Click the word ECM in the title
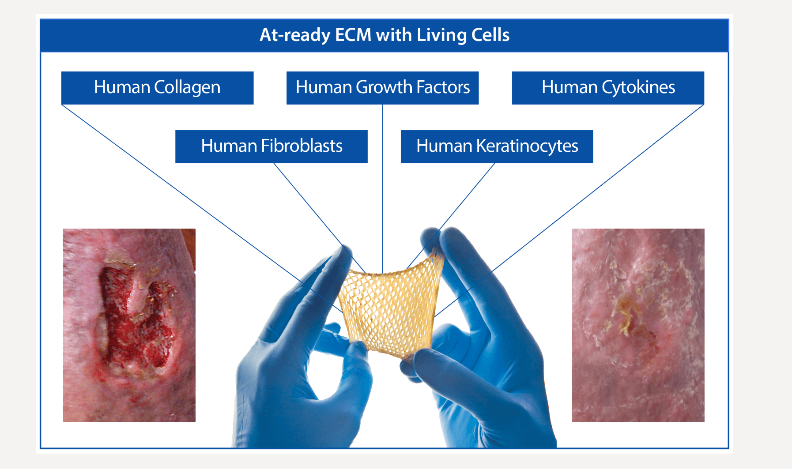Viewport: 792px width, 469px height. (x=353, y=35)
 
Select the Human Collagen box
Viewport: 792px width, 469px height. (x=157, y=88)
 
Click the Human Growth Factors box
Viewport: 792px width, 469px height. (x=382, y=88)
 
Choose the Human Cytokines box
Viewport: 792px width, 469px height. (x=608, y=88)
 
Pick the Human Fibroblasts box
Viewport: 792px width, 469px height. (x=271, y=146)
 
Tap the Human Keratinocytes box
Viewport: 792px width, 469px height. (x=497, y=146)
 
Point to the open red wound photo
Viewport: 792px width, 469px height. (x=129, y=325)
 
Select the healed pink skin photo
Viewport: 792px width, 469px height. (x=638, y=325)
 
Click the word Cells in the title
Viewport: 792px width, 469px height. (x=490, y=35)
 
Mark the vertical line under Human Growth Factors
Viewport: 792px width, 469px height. (x=382, y=185)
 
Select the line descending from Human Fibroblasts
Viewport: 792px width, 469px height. (x=309, y=204)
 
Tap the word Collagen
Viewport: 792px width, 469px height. (x=187, y=88)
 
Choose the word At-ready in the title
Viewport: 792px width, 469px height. (x=294, y=35)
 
